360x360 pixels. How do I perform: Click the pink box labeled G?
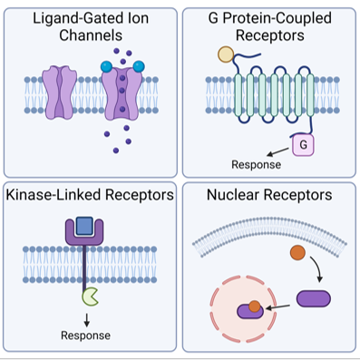tap(302, 142)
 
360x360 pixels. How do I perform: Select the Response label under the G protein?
tap(257, 164)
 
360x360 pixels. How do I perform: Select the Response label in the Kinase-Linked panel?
tap(85, 336)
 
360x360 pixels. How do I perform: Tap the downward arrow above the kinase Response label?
tap(85, 317)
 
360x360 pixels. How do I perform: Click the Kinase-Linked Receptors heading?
tap(89, 194)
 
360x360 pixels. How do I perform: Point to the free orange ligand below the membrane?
tap(297, 253)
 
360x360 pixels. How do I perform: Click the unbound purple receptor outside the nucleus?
tap(315, 297)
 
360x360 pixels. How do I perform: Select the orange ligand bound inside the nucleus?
tap(257, 306)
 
